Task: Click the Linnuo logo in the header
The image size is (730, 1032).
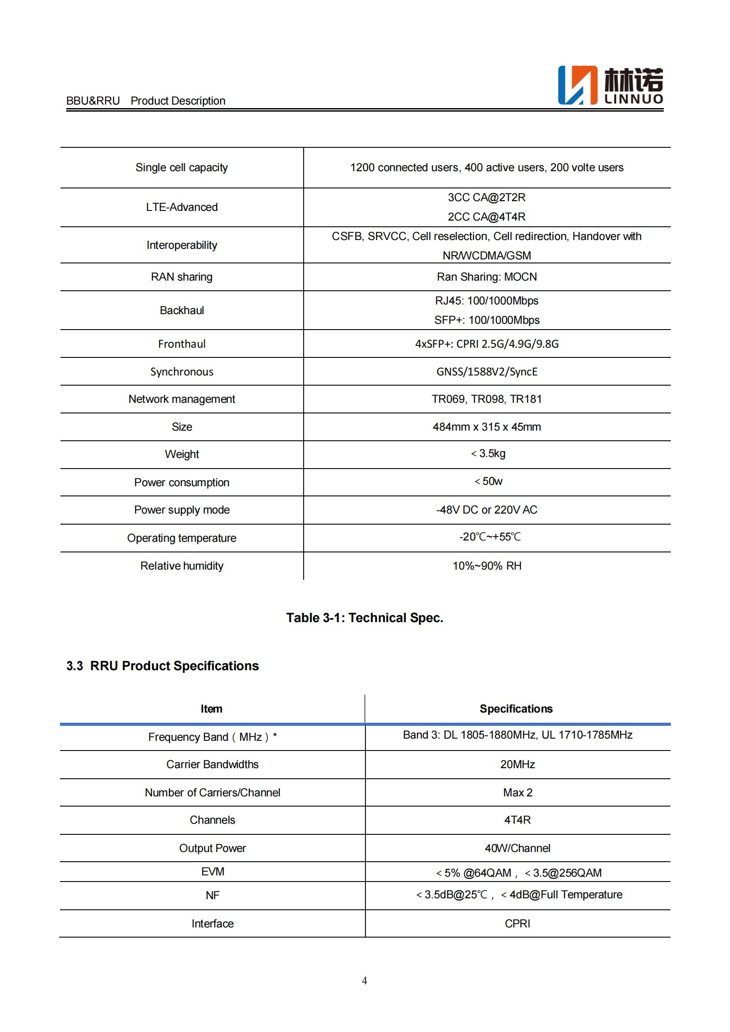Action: coord(610,86)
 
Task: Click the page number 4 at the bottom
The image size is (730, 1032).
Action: coord(365,980)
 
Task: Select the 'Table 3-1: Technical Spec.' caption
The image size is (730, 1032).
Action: coord(365,618)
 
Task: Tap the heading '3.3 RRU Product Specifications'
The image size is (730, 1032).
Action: coord(162,666)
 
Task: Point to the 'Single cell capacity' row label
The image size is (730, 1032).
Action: coord(181,168)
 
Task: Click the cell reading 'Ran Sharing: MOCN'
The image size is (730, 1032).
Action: coord(487,277)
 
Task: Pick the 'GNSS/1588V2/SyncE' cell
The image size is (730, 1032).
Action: coord(487,372)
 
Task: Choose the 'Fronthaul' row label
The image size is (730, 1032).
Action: coord(181,344)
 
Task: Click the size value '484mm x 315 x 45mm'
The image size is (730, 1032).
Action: coord(487,427)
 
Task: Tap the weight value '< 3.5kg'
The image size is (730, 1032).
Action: coord(488,454)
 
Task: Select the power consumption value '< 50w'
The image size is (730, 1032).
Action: coord(489,481)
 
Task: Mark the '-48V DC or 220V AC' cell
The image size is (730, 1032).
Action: coord(487,510)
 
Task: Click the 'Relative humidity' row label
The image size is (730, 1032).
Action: coord(181,566)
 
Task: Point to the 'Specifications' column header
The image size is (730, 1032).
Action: coord(516,709)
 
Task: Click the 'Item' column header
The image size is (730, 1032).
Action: coord(211,709)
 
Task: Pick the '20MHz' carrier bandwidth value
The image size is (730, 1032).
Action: coord(517,764)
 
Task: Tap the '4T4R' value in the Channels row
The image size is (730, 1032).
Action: coord(517,820)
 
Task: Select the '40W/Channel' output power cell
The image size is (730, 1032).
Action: coord(517,848)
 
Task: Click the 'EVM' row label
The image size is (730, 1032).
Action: coord(213,871)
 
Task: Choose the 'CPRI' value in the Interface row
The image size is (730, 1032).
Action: coord(517,923)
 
